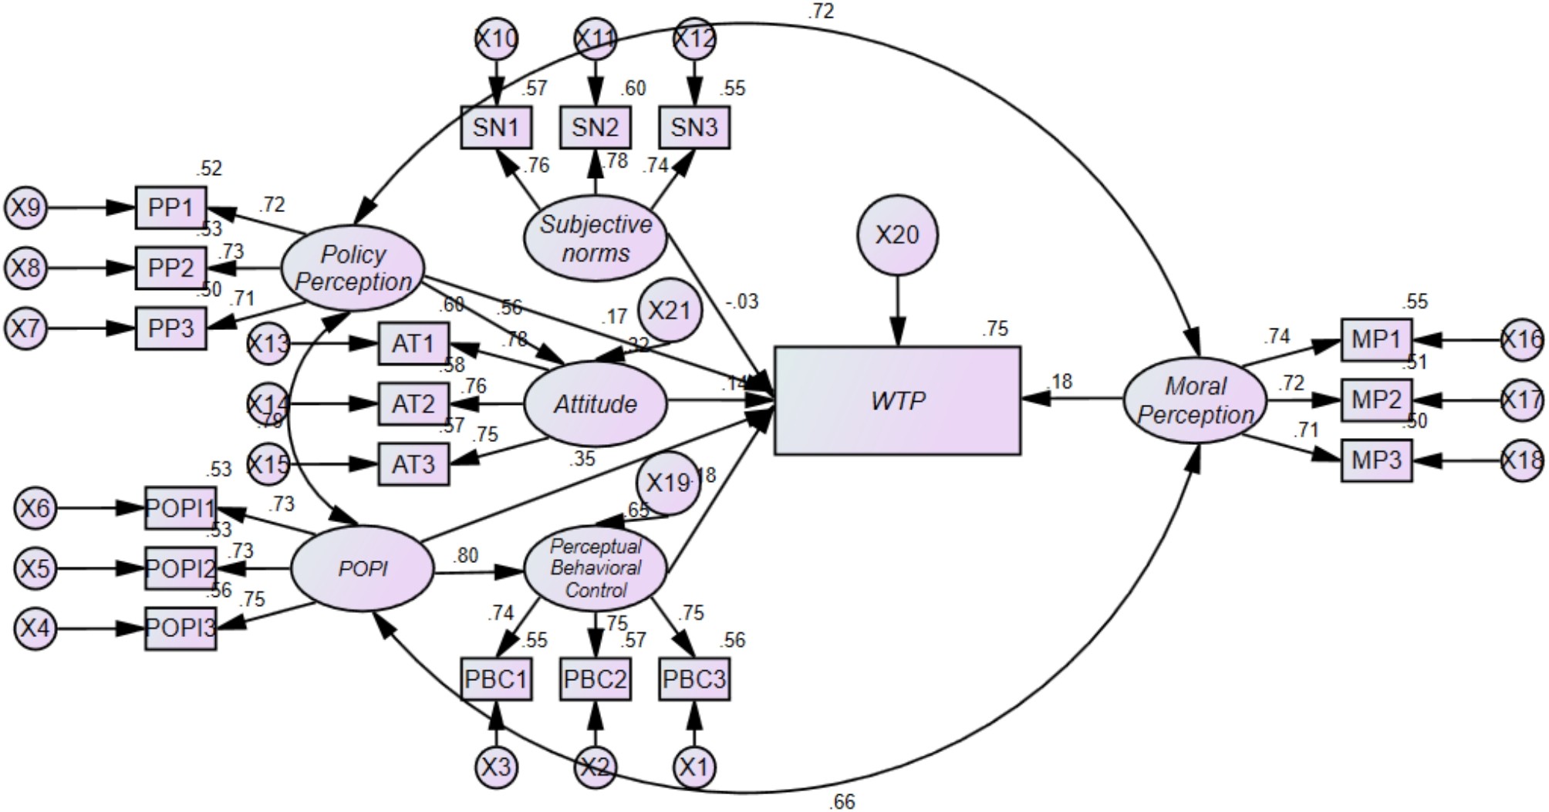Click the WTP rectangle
click(x=897, y=400)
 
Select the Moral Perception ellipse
click(x=1194, y=399)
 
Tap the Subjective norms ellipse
click(x=595, y=238)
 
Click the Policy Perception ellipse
click(x=353, y=268)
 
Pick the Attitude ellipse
click(x=595, y=404)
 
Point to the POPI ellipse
click(x=363, y=569)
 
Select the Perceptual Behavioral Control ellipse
click(x=595, y=568)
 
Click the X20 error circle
click(x=897, y=234)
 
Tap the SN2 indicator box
click(x=595, y=127)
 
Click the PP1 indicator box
click(x=170, y=207)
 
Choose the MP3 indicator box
click(x=1376, y=460)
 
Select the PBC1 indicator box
click(x=496, y=679)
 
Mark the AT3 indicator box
click(x=413, y=464)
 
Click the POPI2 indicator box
click(x=181, y=569)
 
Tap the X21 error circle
click(x=669, y=310)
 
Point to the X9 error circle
click(x=25, y=207)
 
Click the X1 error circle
click(x=694, y=767)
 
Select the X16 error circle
click(x=1523, y=339)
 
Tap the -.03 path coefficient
click(x=742, y=302)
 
